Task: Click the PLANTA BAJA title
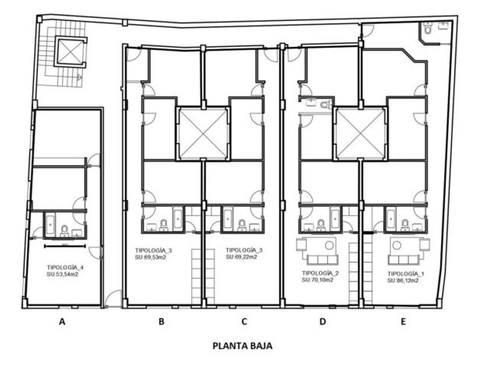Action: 242,346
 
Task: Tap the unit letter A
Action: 62,322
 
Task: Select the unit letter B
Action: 161,322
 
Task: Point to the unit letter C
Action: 244,322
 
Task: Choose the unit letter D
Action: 323,322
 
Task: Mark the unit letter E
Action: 403,322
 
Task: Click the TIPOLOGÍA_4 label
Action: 65,267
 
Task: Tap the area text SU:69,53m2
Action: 150,257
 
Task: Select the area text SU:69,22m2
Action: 242,257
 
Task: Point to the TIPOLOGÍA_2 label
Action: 320,273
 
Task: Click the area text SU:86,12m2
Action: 403,281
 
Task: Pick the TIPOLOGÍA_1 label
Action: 406,274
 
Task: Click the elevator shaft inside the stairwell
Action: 70,52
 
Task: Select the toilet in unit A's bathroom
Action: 65,230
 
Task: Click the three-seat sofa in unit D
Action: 322,260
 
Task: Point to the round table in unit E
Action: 396,245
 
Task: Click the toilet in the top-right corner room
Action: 427,29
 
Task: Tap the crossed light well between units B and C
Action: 203,134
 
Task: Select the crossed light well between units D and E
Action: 360,134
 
